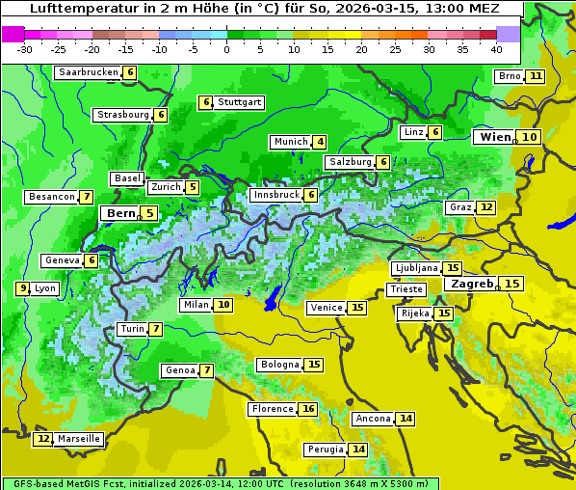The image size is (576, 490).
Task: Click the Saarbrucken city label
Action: (89, 72)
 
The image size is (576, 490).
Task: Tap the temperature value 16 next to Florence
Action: (308, 409)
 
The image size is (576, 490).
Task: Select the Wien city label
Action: (496, 137)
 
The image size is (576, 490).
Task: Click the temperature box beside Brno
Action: (536, 76)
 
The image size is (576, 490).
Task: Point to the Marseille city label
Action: (79, 439)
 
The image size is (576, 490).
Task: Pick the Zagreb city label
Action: (472, 284)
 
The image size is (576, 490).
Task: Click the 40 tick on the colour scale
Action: (496, 49)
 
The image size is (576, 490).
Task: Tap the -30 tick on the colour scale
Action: (25, 49)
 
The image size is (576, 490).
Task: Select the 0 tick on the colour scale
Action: (226, 49)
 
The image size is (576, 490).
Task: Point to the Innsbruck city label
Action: (275, 195)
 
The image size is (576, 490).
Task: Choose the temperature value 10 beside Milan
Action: (223, 305)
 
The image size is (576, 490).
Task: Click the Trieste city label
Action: (406, 289)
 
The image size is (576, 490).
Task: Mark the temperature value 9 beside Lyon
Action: (22, 288)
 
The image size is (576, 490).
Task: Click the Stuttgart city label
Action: (240, 102)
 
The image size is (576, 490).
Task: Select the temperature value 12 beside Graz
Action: (486, 207)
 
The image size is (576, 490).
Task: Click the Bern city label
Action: (121, 213)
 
